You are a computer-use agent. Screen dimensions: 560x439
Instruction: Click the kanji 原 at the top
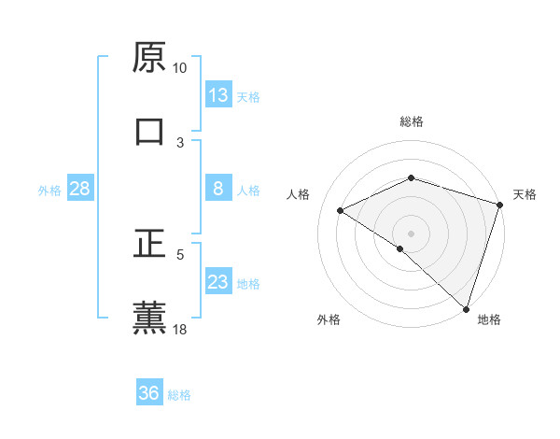[x=149, y=57]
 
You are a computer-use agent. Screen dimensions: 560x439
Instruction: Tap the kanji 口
[x=149, y=131]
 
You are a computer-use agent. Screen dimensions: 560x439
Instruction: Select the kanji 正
[x=149, y=242]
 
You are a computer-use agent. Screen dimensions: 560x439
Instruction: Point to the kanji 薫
[x=149, y=316]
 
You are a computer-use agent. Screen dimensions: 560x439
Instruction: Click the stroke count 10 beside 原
[x=179, y=68]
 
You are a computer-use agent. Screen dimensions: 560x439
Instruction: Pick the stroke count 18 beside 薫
[x=179, y=329]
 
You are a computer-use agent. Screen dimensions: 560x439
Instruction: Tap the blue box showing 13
[x=218, y=95]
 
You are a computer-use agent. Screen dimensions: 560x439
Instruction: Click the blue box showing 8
[x=218, y=189]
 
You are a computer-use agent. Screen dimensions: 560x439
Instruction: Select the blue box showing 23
[x=218, y=282]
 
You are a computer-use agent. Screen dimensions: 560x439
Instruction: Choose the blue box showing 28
[x=79, y=189]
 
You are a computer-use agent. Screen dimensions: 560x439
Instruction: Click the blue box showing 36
[x=149, y=393]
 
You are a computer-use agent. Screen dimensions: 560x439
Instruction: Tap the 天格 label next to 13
[x=248, y=97]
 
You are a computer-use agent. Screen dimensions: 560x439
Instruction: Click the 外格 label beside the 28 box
[x=49, y=191]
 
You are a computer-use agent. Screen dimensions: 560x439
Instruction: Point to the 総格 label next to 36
[x=179, y=395]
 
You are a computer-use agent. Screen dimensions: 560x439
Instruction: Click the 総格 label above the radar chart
[x=412, y=121]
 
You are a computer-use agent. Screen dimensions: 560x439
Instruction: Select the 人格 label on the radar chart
[x=298, y=194]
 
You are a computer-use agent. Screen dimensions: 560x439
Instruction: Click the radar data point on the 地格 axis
[x=466, y=308]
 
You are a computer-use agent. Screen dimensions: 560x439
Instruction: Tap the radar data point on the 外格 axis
[x=400, y=248]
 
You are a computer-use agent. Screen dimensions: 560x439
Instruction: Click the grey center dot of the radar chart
[x=412, y=233]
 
